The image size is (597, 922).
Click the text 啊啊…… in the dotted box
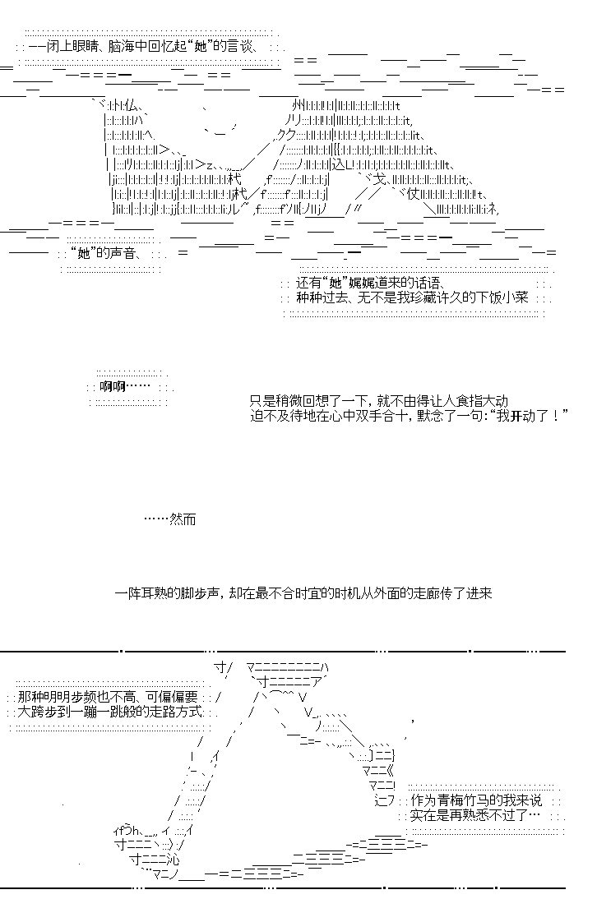125,387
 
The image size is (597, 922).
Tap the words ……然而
169,519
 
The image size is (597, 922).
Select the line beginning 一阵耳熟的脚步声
303,593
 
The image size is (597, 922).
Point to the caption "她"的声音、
104,253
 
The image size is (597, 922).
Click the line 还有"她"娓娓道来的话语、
370,283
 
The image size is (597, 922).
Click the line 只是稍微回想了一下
378,402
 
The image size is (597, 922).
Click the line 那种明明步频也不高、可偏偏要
108,698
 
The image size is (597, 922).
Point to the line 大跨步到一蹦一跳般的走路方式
110,712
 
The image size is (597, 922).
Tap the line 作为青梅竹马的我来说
475,800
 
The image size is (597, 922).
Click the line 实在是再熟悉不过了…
474,815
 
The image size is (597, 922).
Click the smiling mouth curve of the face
220,133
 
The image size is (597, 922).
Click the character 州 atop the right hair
298,107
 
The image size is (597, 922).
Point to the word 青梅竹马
462,800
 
